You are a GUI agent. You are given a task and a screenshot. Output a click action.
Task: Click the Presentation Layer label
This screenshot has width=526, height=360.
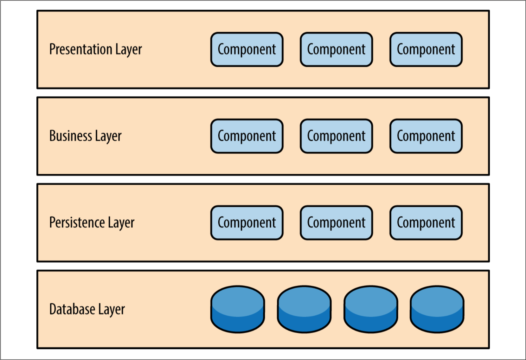point(95,49)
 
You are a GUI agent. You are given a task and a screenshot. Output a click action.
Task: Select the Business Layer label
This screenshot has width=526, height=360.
point(85,136)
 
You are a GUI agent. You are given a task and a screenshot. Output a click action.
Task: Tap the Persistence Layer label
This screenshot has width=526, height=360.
point(92,222)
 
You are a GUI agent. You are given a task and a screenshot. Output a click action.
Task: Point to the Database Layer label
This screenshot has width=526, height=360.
point(87,309)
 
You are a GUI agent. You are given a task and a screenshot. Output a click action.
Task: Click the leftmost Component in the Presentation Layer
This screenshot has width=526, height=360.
point(247,49)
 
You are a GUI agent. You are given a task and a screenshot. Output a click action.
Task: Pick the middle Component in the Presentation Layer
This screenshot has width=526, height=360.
point(336,49)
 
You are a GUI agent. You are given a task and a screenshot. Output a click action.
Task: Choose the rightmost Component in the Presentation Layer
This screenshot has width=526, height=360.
point(426,49)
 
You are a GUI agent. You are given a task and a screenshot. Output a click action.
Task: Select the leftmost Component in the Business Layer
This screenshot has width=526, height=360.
point(247,136)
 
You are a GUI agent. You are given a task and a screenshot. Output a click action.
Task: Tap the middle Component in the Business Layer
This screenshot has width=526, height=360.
point(336,136)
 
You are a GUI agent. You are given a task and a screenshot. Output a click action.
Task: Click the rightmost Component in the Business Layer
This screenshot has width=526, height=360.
point(426,136)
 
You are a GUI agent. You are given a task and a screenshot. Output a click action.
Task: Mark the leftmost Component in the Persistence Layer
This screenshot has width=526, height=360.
point(247,222)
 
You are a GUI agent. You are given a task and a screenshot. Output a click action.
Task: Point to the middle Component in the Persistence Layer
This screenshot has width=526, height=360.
point(336,222)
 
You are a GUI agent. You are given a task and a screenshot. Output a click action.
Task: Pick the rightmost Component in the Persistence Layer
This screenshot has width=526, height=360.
point(426,222)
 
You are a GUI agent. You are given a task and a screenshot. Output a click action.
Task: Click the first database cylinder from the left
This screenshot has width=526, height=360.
point(238,309)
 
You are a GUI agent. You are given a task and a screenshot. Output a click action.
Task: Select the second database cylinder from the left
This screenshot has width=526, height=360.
point(304,309)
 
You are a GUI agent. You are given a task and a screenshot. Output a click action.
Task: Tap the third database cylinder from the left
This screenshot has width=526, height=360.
point(371,309)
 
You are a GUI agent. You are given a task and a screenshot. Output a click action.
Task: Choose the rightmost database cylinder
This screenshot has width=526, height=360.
point(437,309)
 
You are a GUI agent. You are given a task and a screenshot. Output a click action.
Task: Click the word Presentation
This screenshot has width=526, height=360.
point(80,49)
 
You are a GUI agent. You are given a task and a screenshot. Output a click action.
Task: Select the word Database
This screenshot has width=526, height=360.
point(72,309)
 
